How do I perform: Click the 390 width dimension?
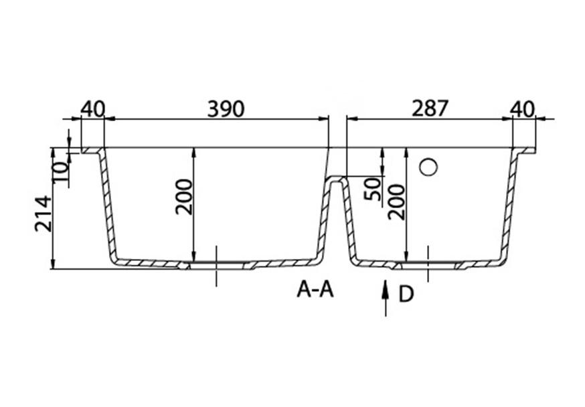(226, 108)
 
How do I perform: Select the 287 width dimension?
(429, 108)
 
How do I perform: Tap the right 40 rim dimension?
(523, 108)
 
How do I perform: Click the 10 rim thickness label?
(61, 172)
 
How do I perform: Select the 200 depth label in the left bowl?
(183, 197)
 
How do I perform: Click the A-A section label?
(315, 290)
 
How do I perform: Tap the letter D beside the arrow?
(406, 294)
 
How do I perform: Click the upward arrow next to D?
(386, 298)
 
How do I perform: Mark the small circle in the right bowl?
(428, 167)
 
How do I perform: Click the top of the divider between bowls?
(337, 178)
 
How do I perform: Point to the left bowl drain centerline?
(216, 266)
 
